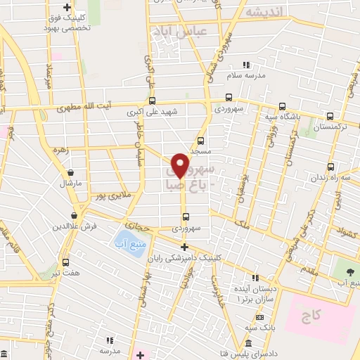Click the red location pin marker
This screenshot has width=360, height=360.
point(180,165)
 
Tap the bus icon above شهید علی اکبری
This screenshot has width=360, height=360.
point(153,101)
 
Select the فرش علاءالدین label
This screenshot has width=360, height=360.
point(72,226)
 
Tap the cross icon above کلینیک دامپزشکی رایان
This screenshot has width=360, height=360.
point(184,247)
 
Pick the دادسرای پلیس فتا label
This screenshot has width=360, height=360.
point(252,350)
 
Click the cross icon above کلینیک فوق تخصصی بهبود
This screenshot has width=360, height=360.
point(67,7)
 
